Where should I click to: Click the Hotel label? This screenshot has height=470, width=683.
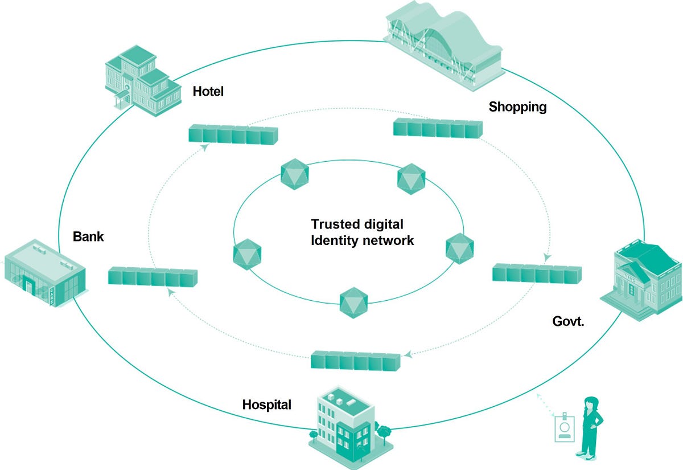[x=208, y=91]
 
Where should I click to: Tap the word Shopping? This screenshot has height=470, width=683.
[x=517, y=107]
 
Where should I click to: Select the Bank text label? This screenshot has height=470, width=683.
[x=88, y=236]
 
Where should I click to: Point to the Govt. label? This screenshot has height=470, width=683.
[x=569, y=321]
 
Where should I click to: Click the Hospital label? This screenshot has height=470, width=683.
[x=266, y=405]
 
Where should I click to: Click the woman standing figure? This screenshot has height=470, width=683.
[x=590, y=427]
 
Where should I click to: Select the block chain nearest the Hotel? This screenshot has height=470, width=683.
[x=233, y=134]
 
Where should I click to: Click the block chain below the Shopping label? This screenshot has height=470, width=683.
[x=438, y=129]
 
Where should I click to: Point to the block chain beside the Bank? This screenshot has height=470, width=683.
[x=153, y=276]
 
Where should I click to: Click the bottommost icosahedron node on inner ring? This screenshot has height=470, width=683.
[x=354, y=303]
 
